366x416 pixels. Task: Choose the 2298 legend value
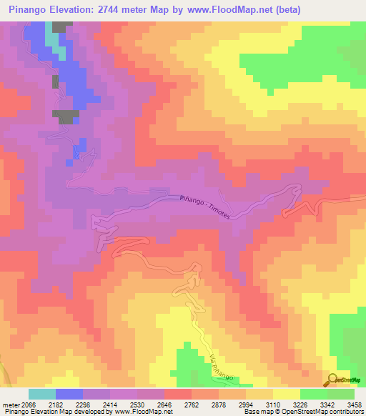83,404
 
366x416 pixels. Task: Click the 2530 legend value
138,404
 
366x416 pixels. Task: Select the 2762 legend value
193,404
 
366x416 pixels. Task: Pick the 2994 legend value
248,404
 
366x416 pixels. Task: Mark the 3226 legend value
303,404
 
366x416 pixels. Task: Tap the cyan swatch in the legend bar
41,394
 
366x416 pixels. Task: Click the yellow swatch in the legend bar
286,394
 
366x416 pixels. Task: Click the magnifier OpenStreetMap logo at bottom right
331,380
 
